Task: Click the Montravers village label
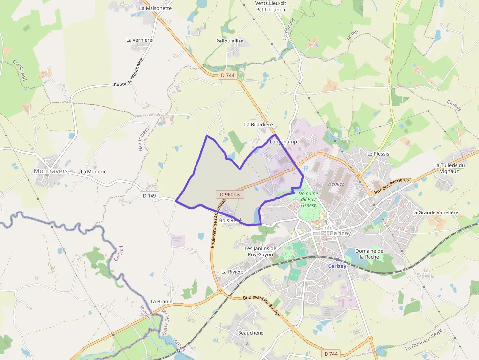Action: tap(49, 171)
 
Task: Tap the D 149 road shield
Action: tap(150, 196)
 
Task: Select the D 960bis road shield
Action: tap(230, 194)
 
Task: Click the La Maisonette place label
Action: tap(155, 8)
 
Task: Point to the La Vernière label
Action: tap(139, 40)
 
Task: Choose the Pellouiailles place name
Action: tap(229, 41)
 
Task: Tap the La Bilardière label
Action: tap(259, 125)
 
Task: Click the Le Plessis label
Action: tap(378, 154)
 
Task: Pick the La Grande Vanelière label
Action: tap(435, 212)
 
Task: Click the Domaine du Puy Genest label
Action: tap(308, 199)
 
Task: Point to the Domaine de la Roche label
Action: tap(370, 254)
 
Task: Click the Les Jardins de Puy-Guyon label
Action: tap(261, 251)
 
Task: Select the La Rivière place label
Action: tap(232, 271)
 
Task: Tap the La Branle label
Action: tap(161, 301)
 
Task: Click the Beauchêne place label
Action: tap(250, 333)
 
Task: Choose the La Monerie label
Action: tap(93, 172)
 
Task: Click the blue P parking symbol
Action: tap(306, 168)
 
